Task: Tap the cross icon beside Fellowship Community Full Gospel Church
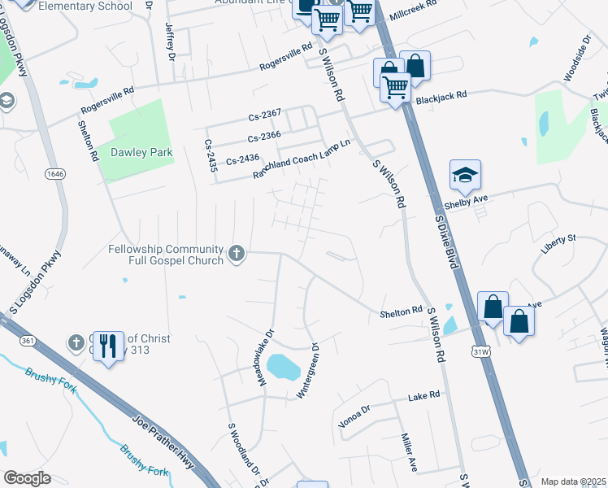237,255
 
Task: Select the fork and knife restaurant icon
108,347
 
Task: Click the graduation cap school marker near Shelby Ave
465,175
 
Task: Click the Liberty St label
558,238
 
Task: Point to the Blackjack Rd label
441,95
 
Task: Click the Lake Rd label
423,394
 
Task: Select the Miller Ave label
407,453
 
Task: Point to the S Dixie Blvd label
444,237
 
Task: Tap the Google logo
27,478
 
